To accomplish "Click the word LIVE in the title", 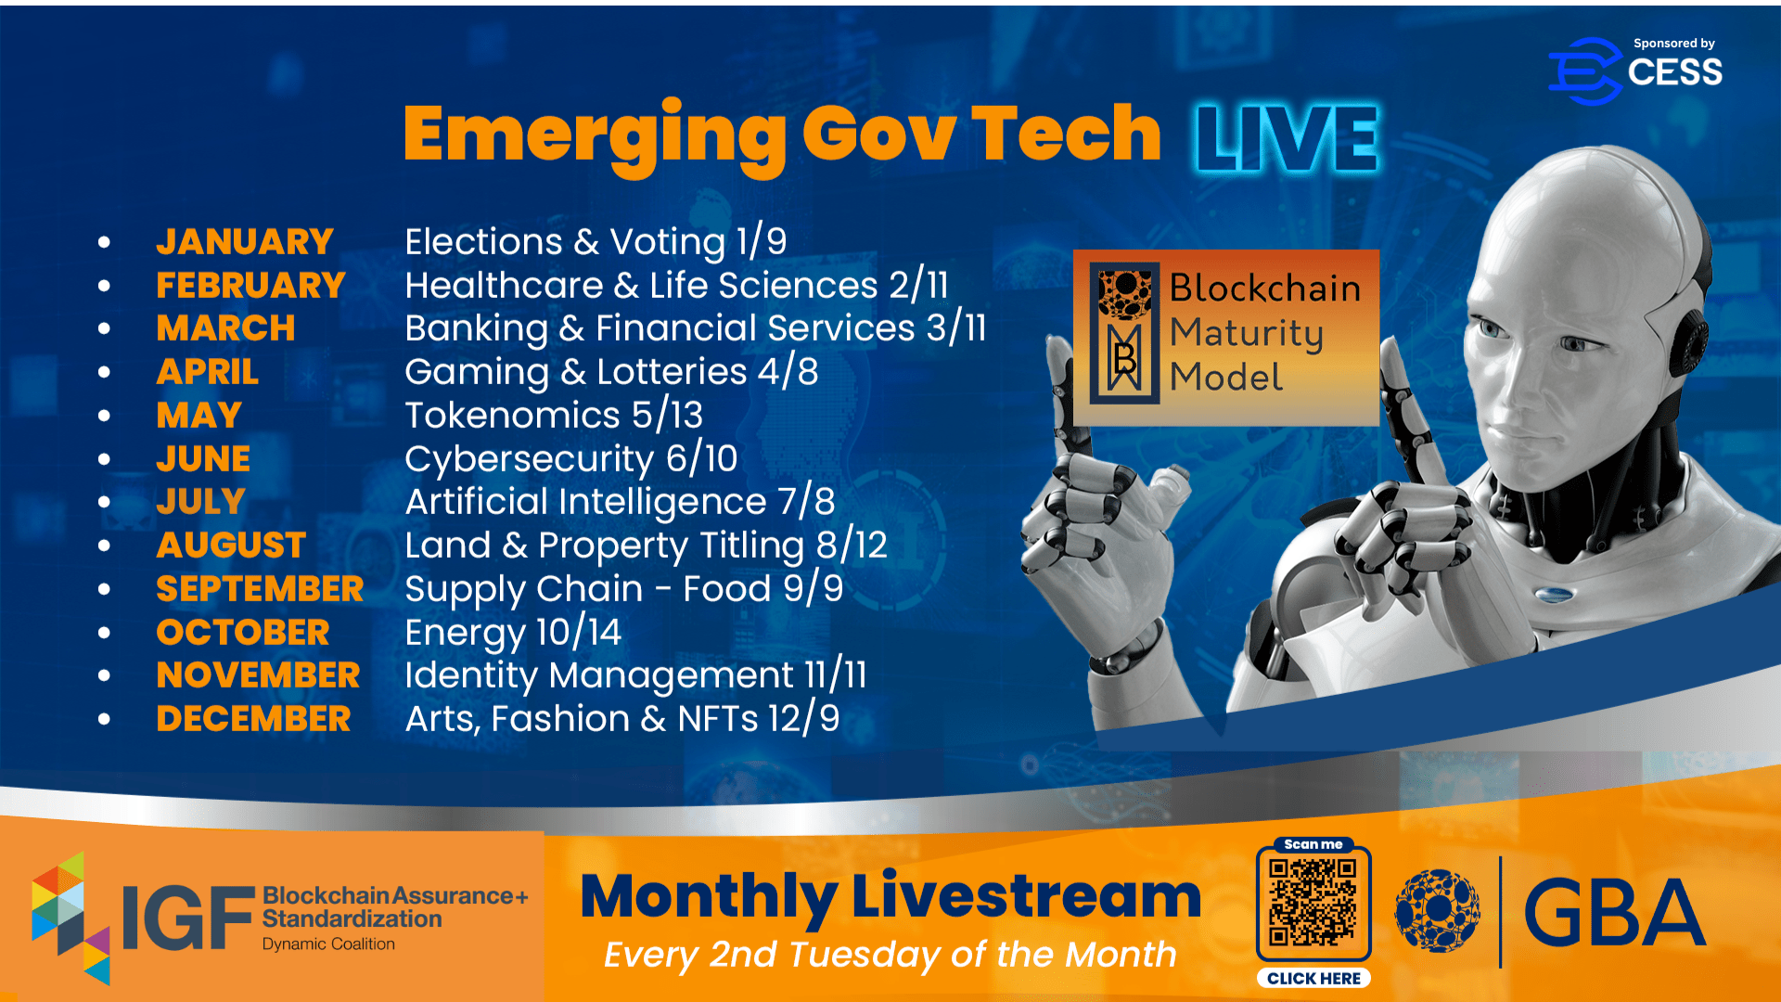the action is point(1287,138).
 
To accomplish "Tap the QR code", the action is point(1313,902).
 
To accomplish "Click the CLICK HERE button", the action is point(1313,978).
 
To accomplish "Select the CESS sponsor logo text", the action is point(1674,72).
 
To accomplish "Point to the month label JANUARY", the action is point(245,242).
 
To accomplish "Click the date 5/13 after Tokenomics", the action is point(667,415).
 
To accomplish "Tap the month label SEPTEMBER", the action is point(260,589).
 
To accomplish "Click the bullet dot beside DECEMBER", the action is point(104,719).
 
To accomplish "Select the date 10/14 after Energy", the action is point(578,633).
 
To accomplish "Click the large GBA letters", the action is point(1614,913).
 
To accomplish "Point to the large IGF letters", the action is point(188,918).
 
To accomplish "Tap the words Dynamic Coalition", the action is point(328,944).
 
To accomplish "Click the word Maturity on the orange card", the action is point(1246,334).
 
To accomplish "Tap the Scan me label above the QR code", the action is point(1313,844).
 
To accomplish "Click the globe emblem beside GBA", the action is point(1438,911).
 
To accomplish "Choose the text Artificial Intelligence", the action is point(586,502).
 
